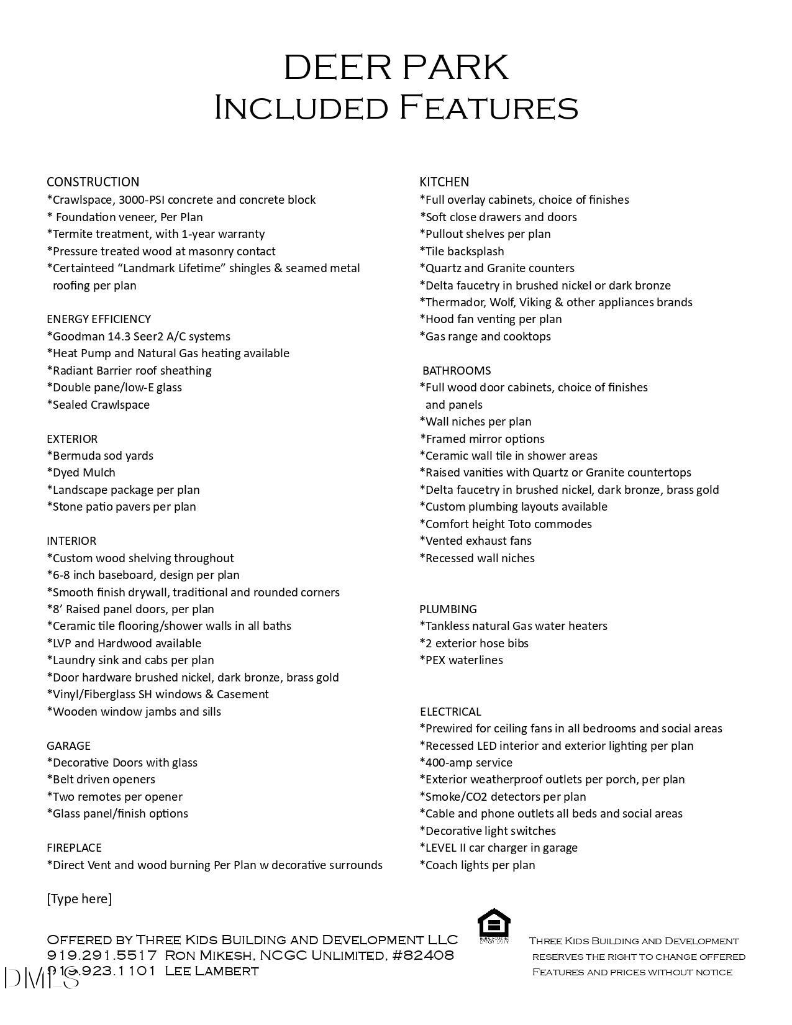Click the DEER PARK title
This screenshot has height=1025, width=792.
(x=396, y=68)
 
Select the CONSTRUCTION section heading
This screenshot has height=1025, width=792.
(x=93, y=182)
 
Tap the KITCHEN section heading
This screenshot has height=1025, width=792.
(x=444, y=182)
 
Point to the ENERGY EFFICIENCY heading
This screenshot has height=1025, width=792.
(x=99, y=319)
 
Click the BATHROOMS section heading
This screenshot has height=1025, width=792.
(x=457, y=371)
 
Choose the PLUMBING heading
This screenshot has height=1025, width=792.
(x=448, y=609)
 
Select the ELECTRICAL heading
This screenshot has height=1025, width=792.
(x=450, y=712)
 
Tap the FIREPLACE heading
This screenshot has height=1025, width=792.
(x=74, y=848)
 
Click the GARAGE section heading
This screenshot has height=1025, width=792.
(x=68, y=746)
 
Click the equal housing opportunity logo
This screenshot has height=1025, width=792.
(x=494, y=926)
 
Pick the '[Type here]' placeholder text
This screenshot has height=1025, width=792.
(x=80, y=899)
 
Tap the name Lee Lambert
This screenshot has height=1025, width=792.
(x=211, y=971)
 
